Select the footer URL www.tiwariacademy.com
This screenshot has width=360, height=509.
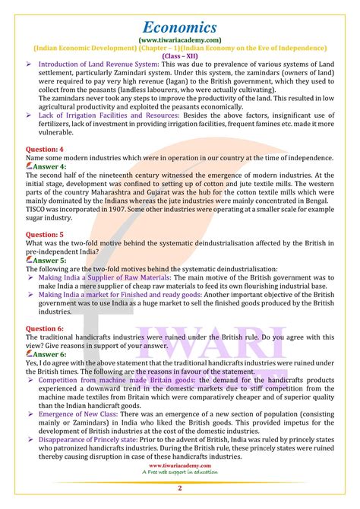(180, 464)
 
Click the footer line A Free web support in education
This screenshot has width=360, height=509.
(180, 472)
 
